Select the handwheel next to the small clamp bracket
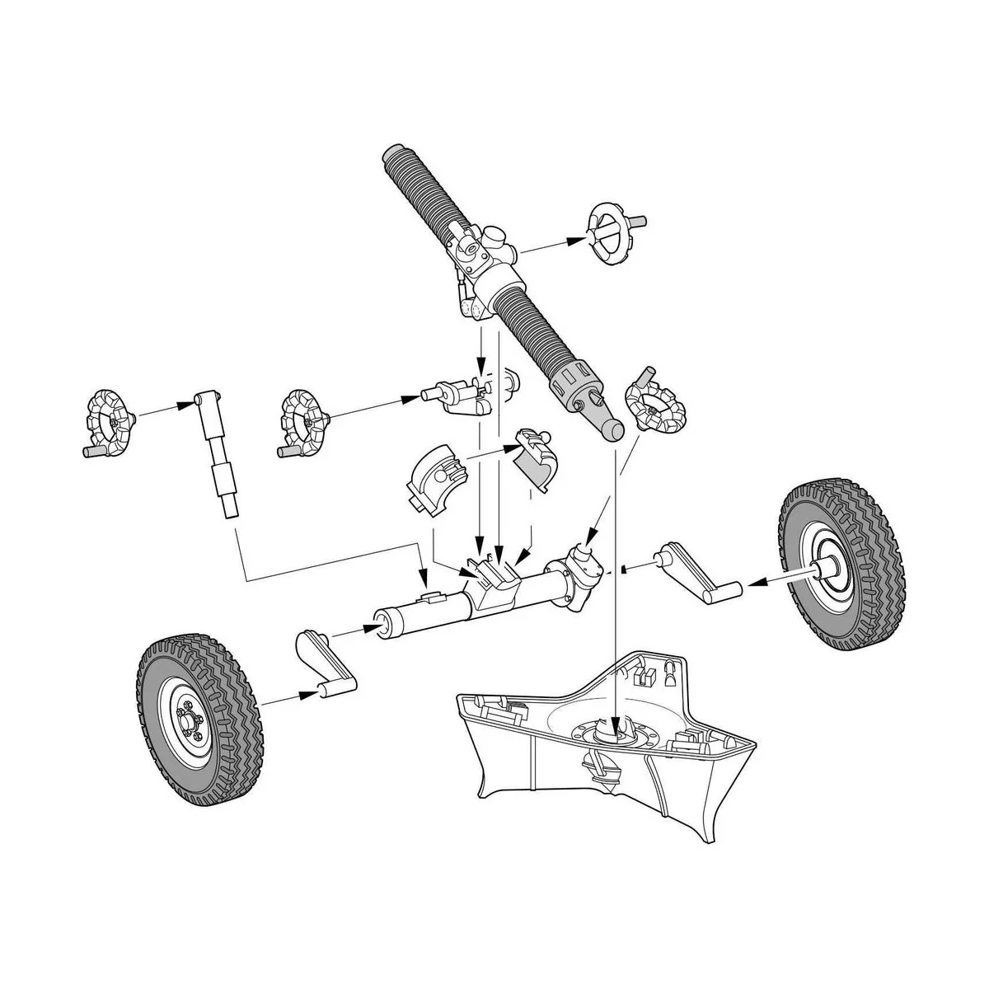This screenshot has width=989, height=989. pos(304,422)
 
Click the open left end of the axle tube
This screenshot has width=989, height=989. pos(382,623)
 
